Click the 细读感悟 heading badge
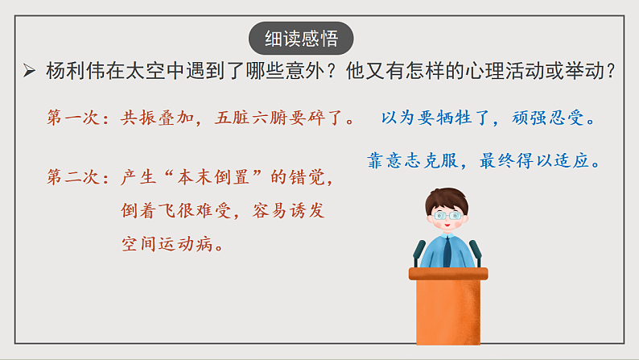pos(301,39)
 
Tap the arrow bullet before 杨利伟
pos(28,72)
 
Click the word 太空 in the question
pos(155,71)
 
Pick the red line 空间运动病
pos(172,243)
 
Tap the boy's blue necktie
pos(447,251)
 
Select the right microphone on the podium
pos(475,252)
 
